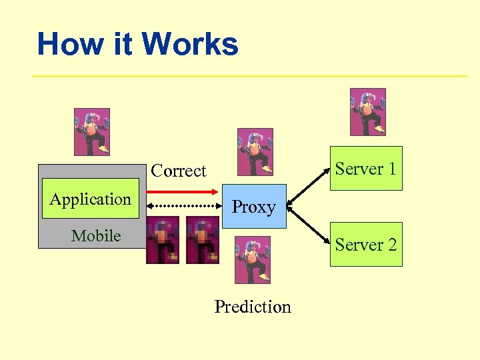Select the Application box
91,199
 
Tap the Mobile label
96,236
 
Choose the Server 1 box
366,169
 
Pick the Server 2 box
366,245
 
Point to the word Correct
179,171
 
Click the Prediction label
253,307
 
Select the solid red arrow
183,192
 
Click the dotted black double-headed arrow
183,207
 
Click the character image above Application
91,132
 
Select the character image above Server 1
367,112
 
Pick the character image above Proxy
255,152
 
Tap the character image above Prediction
253,259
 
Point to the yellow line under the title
250,76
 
